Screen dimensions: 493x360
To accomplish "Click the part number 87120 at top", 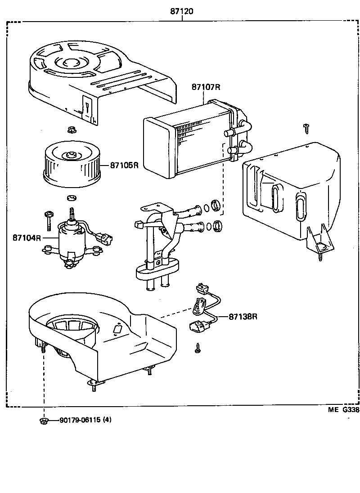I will tap(182, 11).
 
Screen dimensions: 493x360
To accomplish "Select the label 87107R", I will tap(206, 87).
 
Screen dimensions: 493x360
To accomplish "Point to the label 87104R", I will tap(27, 238).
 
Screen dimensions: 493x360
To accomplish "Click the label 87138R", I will tap(243, 317).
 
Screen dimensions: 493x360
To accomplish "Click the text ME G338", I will tap(343, 410).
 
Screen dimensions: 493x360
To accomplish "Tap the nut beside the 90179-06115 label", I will tap(44, 421).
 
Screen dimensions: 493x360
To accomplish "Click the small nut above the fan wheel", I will tap(70, 131).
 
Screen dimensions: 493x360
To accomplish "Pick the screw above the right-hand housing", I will tap(306, 127).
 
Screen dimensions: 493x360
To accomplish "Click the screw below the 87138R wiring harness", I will tap(198, 348).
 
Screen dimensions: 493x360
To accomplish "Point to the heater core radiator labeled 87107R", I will tap(189, 139).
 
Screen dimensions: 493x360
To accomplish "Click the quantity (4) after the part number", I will tap(107, 420).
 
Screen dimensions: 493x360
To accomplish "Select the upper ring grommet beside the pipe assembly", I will tap(216, 206).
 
